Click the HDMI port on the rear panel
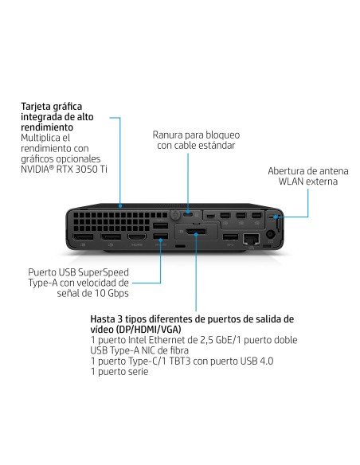pyautogui.click(x=136, y=238)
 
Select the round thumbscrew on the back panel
pyautogui.click(x=170, y=216)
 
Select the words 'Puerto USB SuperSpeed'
pyautogui.click(x=78, y=272)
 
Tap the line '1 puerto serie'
pyautogui.click(x=119, y=372)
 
